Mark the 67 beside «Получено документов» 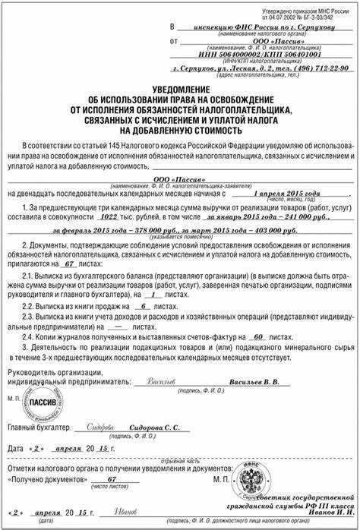pos(112,480)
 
